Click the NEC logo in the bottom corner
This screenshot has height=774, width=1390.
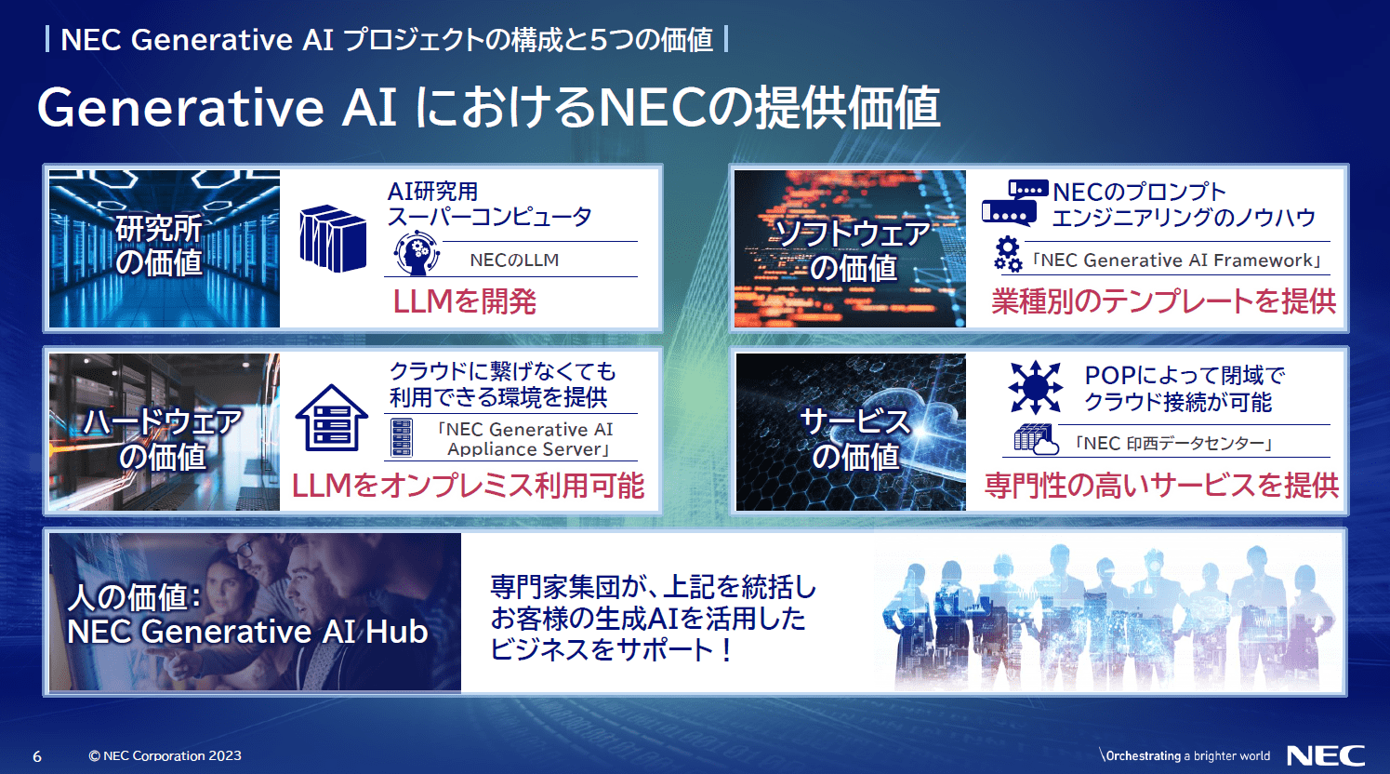[1325, 755]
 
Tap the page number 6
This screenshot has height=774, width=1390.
[37, 756]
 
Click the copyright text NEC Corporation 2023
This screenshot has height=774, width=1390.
[165, 756]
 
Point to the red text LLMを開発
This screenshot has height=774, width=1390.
[464, 301]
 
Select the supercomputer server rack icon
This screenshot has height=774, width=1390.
[333, 239]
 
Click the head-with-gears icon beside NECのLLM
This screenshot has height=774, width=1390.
[416, 254]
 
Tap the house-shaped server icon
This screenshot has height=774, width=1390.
[331, 418]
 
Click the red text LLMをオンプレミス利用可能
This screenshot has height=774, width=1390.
[468, 485]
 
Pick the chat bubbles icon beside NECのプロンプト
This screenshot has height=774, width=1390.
[1013, 203]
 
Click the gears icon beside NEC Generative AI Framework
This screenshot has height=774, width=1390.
[1007, 255]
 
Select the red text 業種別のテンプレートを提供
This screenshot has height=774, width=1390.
[1163, 301]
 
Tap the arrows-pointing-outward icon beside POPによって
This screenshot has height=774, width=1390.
[1035, 387]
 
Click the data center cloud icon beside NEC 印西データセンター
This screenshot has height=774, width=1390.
[1036, 439]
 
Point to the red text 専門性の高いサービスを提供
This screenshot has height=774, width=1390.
[1161, 485]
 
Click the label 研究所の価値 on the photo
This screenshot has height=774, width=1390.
[159, 246]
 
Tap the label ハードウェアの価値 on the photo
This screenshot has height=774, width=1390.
[163, 439]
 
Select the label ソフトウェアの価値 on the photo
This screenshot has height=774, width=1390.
[853, 250]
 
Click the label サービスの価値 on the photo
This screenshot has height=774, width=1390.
[854, 439]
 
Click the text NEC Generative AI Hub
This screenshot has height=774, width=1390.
[247, 632]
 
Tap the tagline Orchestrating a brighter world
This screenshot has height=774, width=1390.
[1185, 755]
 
